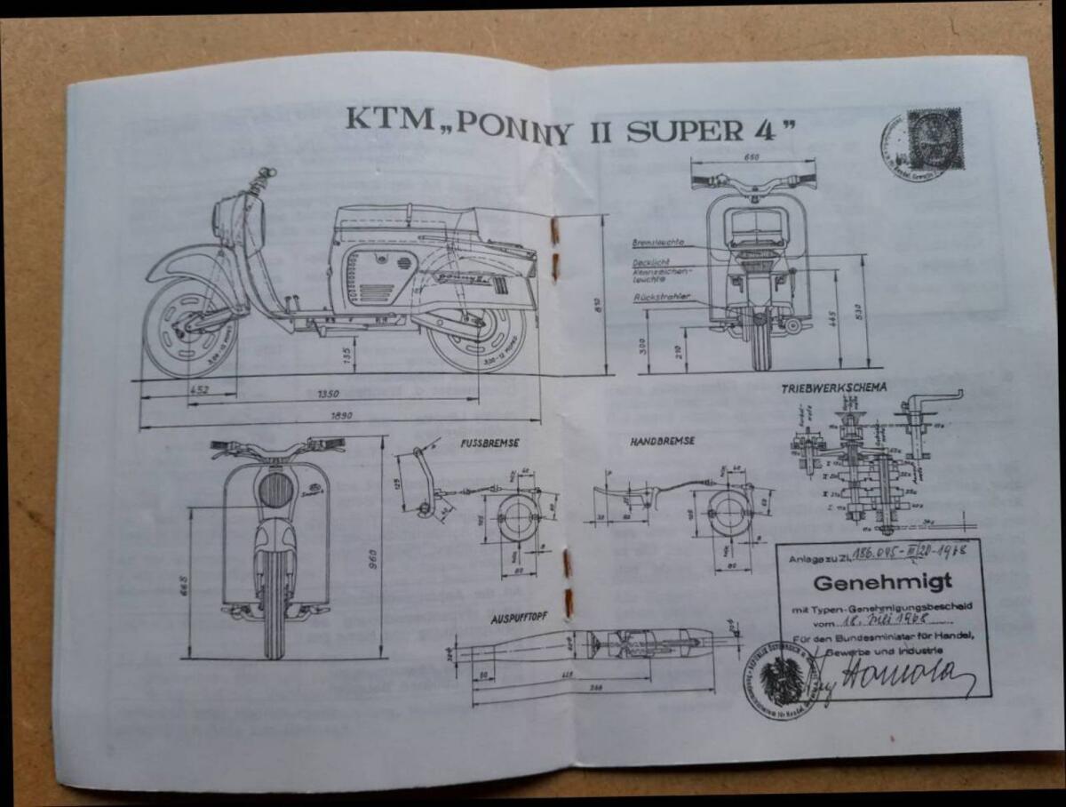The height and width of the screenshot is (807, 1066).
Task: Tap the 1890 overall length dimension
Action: tap(342, 415)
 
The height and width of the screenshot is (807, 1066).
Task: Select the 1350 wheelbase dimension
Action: tap(328, 394)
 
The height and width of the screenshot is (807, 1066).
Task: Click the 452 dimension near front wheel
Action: tap(199, 389)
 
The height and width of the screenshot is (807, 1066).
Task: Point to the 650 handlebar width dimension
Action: tap(752, 158)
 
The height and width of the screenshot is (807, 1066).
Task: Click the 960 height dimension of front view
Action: tap(375, 557)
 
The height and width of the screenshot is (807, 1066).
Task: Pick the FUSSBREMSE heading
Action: tap(490, 442)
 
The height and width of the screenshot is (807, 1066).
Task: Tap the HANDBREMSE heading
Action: tap(662, 441)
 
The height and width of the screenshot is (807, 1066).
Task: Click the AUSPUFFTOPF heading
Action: tap(520, 618)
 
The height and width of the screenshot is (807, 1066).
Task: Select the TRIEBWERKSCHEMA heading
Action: tap(833, 388)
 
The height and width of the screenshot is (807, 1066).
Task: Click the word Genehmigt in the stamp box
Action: tap(882, 584)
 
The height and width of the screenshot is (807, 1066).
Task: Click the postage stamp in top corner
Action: tap(935, 139)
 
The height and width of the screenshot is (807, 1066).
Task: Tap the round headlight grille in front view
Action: tap(275, 490)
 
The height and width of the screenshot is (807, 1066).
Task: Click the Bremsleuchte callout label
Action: tap(657, 242)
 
